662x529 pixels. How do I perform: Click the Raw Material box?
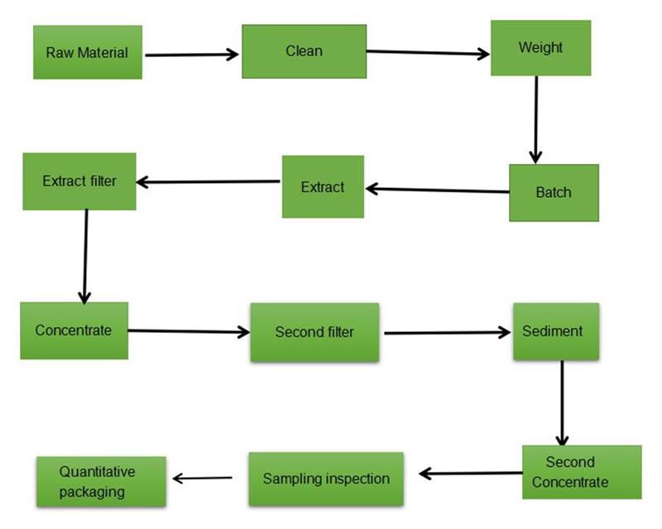tap(87, 52)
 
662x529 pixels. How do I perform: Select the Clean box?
tap(304, 51)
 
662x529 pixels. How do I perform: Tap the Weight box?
tap(540, 48)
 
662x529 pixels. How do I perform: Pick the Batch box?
tap(553, 192)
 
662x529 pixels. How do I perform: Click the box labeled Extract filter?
tap(79, 180)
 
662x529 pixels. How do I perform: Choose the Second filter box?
tap(314, 332)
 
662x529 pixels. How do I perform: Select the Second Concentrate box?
tap(581, 472)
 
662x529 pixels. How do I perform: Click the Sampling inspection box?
tap(325, 479)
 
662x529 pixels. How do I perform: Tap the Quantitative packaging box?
tap(101, 481)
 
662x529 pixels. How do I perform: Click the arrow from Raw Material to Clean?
tap(191, 55)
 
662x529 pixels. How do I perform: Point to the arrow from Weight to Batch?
tap(535, 120)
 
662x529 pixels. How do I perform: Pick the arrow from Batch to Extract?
tap(437, 190)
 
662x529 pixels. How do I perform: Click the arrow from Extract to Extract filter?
tap(209, 182)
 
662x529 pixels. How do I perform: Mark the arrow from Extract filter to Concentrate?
tap(84, 256)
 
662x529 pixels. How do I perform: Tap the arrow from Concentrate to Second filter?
tap(189, 331)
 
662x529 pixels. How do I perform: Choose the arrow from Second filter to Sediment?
tap(448, 333)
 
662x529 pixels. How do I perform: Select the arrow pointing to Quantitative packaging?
tap(202, 478)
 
